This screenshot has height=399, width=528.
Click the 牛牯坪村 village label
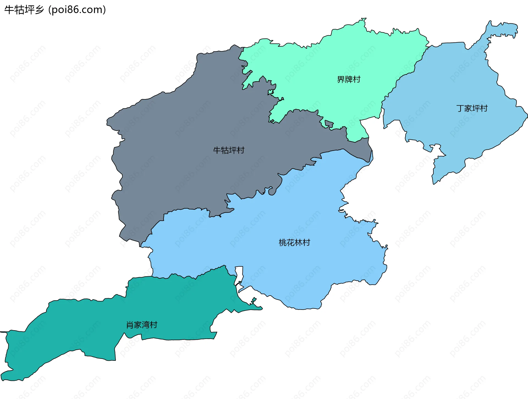click(x=229, y=150)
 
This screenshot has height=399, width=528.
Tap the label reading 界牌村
click(x=348, y=80)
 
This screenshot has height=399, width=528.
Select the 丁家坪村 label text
click(x=472, y=108)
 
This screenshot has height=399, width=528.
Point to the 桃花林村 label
click(x=294, y=243)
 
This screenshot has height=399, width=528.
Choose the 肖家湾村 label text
click(x=142, y=325)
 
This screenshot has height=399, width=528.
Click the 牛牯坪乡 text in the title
click(x=24, y=10)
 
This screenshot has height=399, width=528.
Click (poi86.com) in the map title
click(x=77, y=10)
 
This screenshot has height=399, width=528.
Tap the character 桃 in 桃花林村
click(x=283, y=243)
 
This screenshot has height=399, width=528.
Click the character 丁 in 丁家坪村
click(x=460, y=108)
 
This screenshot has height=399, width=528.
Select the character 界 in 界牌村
click(x=341, y=80)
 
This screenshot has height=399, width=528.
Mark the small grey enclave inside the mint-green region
click(x=329, y=124)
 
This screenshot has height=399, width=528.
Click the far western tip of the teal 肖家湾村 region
click(x=3, y=332)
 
